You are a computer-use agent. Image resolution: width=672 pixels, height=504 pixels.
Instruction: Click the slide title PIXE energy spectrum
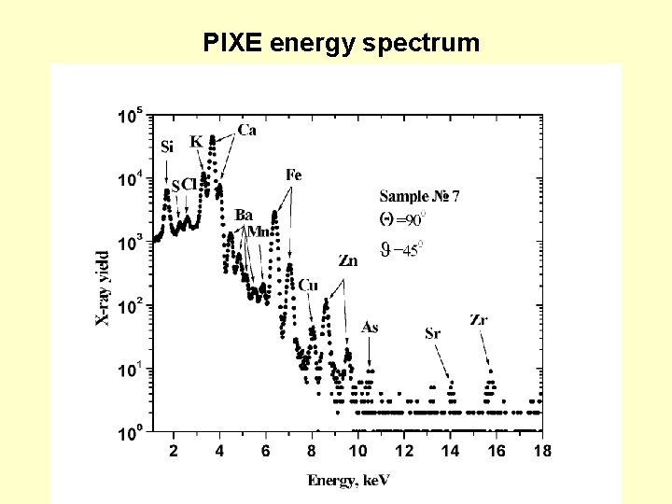click(342, 43)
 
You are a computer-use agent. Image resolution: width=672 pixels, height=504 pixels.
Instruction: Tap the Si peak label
click(167, 147)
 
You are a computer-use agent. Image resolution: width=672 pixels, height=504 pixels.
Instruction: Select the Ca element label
click(247, 130)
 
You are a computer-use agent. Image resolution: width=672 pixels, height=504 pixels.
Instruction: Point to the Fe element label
click(294, 175)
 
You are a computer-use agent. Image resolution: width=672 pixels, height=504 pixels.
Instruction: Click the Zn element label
click(347, 262)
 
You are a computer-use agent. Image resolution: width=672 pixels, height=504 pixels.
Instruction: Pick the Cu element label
click(308, 285)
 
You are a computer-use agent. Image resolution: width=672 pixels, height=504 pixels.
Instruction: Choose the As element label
click(370, 327)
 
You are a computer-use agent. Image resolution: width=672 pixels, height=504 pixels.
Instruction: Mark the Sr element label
click(433, 333)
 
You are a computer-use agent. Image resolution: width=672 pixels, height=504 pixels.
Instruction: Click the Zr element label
click(479, 320)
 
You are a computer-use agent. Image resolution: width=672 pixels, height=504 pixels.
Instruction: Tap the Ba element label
click(244, 215)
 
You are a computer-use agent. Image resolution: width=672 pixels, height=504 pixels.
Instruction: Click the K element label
click(196, 141)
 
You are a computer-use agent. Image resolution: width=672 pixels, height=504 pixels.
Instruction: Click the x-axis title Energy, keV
click(349, 480)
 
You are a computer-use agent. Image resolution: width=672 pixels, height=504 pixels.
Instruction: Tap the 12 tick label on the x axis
click(404, 452)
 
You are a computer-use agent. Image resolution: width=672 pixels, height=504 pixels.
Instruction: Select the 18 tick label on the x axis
click(542, 452)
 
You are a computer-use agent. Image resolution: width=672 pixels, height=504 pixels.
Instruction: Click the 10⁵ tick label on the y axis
click(130, 116)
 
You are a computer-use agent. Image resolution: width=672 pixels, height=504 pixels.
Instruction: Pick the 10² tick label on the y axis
click(130, 305)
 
